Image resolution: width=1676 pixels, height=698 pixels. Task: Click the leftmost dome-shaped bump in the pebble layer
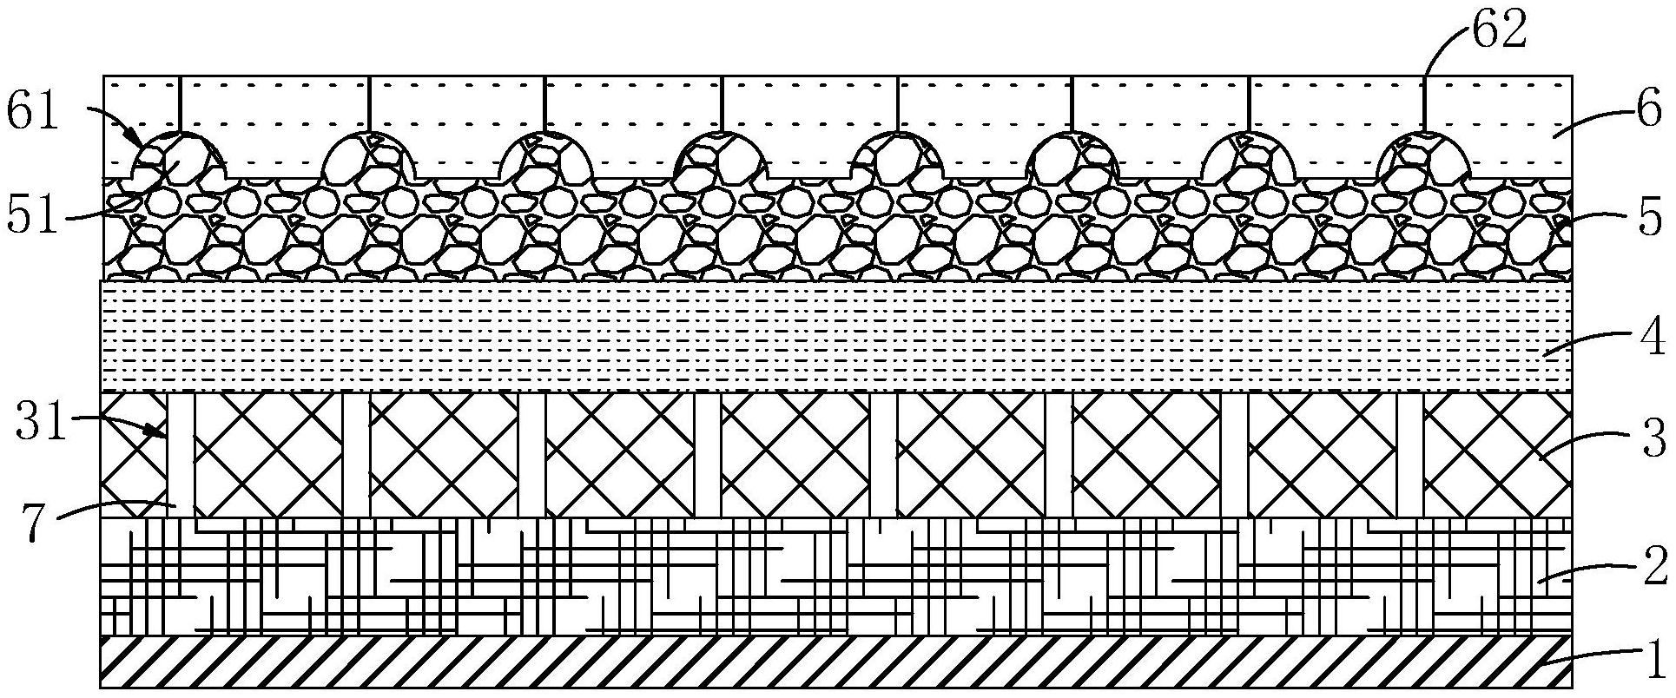coord(179,156)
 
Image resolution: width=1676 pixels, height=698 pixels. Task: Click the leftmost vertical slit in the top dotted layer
coord(180,104)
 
